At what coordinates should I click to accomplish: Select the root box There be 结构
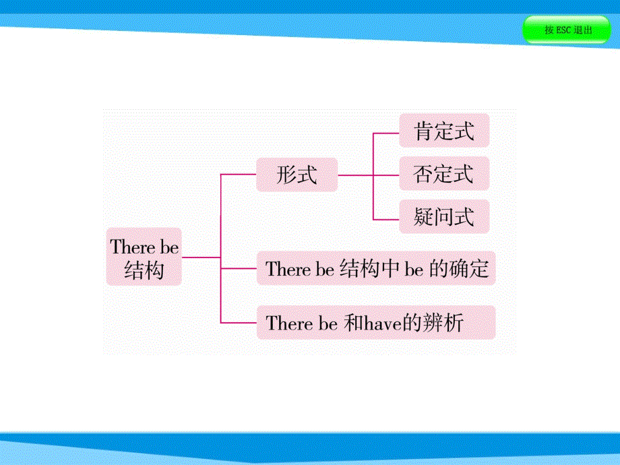pos(144,257)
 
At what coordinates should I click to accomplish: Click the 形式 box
pos(297,175)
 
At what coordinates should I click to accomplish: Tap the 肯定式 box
pos(443,131)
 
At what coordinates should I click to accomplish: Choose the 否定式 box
pos(443,175)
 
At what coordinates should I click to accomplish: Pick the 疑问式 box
pos(443,217)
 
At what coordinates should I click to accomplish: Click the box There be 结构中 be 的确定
pos(376,269)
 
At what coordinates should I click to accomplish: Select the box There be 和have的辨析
pos(376,323)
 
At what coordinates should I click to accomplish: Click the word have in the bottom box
pos(383,323)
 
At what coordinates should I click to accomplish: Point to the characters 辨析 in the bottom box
pos(445,323)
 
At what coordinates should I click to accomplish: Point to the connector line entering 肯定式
pos(386,133)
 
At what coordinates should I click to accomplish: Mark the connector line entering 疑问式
pos(386,219)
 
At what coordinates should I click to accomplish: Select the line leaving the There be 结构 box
pos(201,257)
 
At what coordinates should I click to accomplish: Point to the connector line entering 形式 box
pos(239,175)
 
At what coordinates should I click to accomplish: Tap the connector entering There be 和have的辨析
pos(239,323)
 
